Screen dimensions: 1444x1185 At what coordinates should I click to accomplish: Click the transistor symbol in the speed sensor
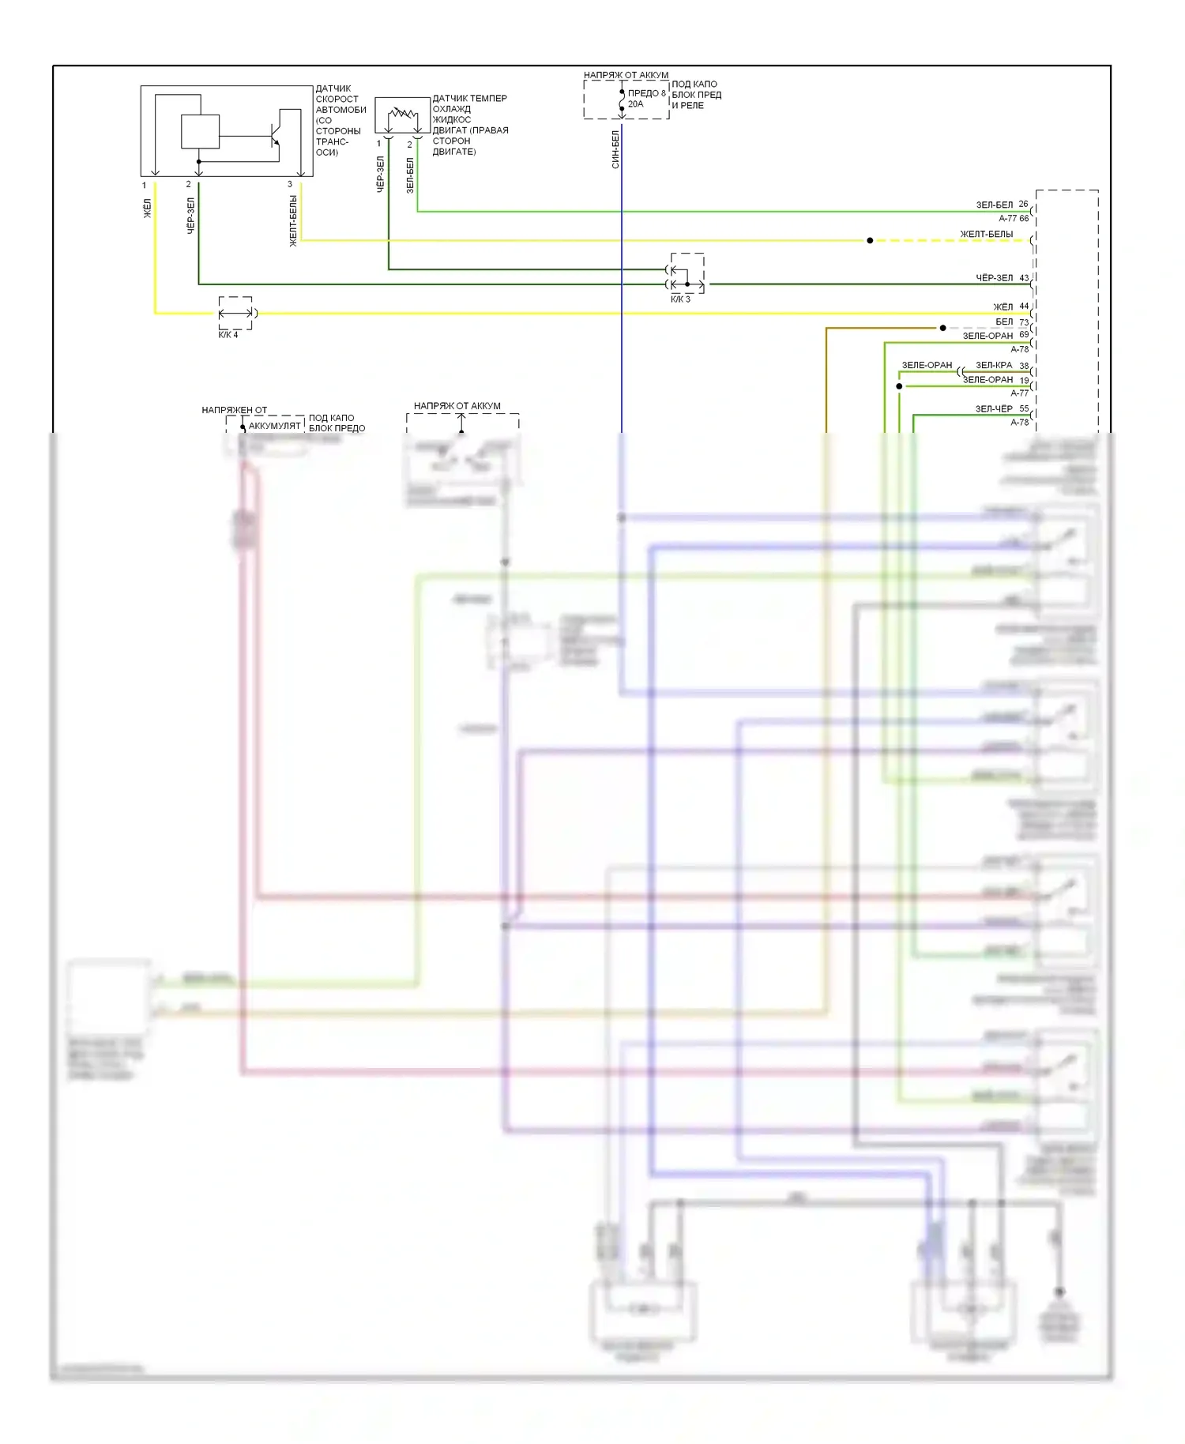pyautogui.click(x=274, y=136)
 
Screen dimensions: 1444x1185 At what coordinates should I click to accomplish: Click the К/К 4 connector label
pyautogui.click(x=228, y=335)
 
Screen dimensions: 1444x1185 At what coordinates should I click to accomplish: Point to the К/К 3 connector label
pyautogui.click(x=680, y=299)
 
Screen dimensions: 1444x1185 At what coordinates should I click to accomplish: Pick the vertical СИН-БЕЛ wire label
pyautogui.click(x=615, y=149)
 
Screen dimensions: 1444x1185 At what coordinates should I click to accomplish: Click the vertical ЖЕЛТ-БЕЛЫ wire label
pyautogui.click(x=293, y=221)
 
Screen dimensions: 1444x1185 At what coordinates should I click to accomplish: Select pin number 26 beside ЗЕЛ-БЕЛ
pyautogui.click(x=1023, y=204)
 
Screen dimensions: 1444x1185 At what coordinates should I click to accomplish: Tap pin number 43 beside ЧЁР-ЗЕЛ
pyautogui.click(x=1024, y=278)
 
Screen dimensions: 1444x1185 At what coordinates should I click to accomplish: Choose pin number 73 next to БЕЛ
pyautogui.click(x=1024, y=322)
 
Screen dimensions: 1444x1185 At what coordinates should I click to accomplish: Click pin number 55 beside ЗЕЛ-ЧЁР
pyautogui.click(x=1024, y=408)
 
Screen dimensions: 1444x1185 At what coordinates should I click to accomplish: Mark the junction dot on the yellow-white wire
pyautogui.click(x=870, y=240)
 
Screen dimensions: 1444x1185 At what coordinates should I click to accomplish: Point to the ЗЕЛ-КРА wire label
pyautogui.click(x=993, y=365)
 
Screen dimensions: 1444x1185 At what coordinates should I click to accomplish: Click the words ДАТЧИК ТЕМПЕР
pyautogui.click(x=469, y=98)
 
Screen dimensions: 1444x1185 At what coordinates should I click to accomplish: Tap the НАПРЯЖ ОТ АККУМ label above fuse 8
pyautogui.click(x=626, y=75)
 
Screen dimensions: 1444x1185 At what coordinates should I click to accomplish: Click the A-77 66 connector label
pyautogui.click(x=1014, y=218)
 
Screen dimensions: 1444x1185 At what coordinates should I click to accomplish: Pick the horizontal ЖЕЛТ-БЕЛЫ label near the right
pyautogui.click(x=986, y=234)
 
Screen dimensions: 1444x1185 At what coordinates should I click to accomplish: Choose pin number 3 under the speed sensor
pyautogui.click(x=290, y=185)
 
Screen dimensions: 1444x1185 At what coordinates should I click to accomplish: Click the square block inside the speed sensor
pyautogui.click(x=200, y=132)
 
